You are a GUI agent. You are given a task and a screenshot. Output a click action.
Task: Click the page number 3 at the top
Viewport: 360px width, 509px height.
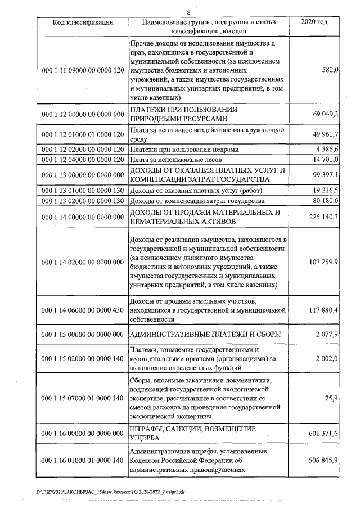tap(188, 12)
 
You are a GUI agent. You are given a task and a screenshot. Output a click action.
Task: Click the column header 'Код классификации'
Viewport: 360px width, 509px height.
tap(83, 22)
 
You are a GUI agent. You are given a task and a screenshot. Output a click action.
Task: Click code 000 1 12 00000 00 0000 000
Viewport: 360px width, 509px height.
tap(83, 114)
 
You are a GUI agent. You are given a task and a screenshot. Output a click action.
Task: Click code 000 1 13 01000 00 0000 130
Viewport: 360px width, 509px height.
tap(83, 190)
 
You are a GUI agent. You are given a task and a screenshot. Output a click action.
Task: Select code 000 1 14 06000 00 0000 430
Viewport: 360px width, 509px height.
tap(83, 309)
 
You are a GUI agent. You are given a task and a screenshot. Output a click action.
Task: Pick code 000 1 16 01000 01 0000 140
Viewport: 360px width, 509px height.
tap(83, 460)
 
